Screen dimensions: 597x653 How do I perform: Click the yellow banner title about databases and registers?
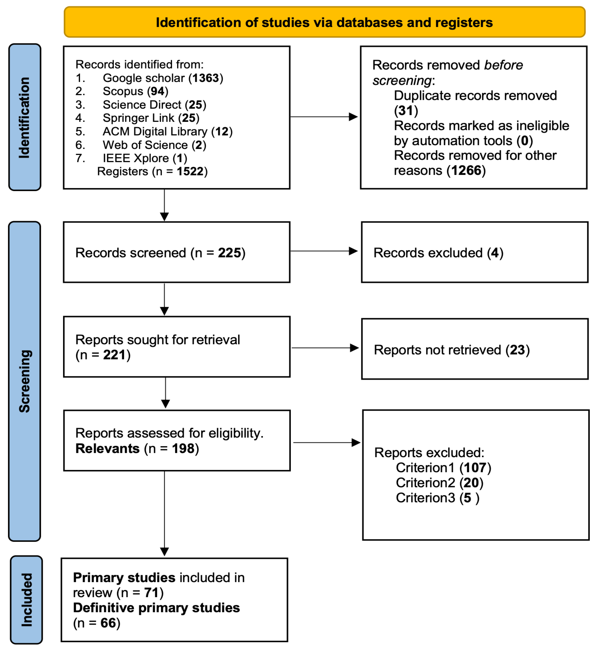[324, 22]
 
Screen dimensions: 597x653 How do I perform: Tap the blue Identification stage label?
[25, 117]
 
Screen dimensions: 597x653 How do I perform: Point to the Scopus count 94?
[158, 91]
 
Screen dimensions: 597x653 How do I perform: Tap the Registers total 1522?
[190, 171]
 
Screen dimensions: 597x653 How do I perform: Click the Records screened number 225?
[229, 253]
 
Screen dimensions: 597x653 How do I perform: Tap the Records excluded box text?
[439, 253]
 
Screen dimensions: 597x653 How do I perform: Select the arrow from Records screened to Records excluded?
[324, 251]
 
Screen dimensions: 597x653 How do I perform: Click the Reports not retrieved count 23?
[517, 350]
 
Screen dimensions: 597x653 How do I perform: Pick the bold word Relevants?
[107, 449]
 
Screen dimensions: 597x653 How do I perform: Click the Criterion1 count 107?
[475, 468]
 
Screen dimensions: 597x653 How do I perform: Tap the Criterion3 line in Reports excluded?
[437, 498]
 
